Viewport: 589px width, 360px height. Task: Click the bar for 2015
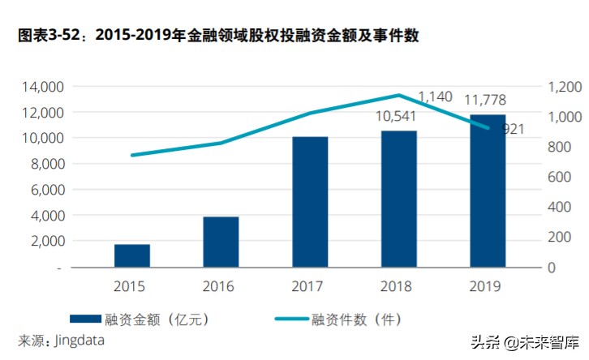pos(131,255)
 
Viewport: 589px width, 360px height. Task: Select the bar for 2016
pos(221,242)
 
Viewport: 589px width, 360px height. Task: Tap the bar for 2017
pos(310,201)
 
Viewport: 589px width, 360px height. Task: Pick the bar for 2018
pos(398,199)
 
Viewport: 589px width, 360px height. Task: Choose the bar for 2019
pos(488,191)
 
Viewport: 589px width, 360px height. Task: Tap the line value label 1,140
pos(435,97)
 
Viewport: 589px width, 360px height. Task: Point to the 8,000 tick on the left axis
pos(45,164)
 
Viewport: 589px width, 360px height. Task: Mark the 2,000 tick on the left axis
pos(45,241)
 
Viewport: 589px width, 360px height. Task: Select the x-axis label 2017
pos(310,285)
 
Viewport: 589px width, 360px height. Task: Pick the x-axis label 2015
pos(131,285)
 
